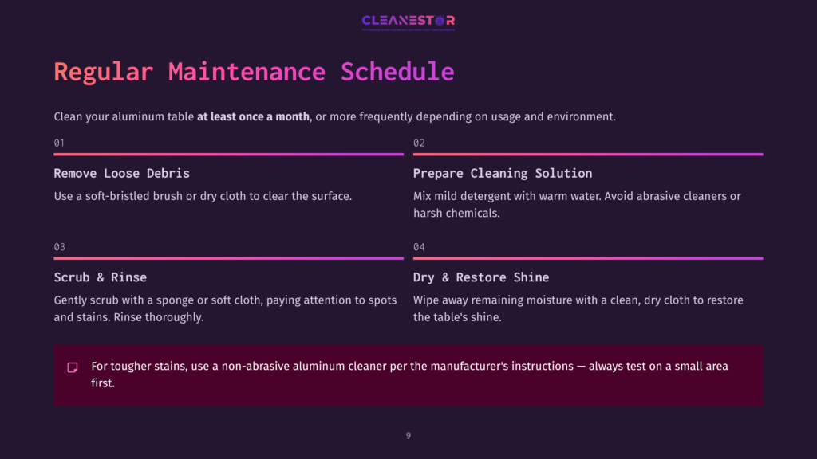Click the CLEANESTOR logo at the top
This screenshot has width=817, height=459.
pyautogui.click(x=408, y=22)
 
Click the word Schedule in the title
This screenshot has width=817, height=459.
pyautogui.click(x=397, y=72)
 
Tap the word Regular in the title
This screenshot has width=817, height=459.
pyautogui.click(x=103, y=72)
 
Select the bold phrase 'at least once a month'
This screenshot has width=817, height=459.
pyautogui.click(x=254, y=116)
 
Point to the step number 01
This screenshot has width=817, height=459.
pyautogui.click(x=59, y=143)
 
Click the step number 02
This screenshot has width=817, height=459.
pyautogui.click(x=419, y=143)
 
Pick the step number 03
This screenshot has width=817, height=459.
pyautogui.click(x=59, y=247)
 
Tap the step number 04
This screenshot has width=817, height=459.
pyautogui.click(x=419, y=247)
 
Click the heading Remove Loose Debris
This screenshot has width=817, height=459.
pyautogui.click(x=121, y=173)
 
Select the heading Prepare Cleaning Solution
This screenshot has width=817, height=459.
pyautogui.click(x=502, y=173)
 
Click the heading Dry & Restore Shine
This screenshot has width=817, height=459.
pyautogui.click(x=480, y=277)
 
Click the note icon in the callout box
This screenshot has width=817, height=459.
pyautogui.click(x=73, y=367)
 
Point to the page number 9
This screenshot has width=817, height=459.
pyautogui.click(x=408, y=435)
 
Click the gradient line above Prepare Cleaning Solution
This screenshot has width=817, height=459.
pyautogui.click(x=587, y=155)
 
